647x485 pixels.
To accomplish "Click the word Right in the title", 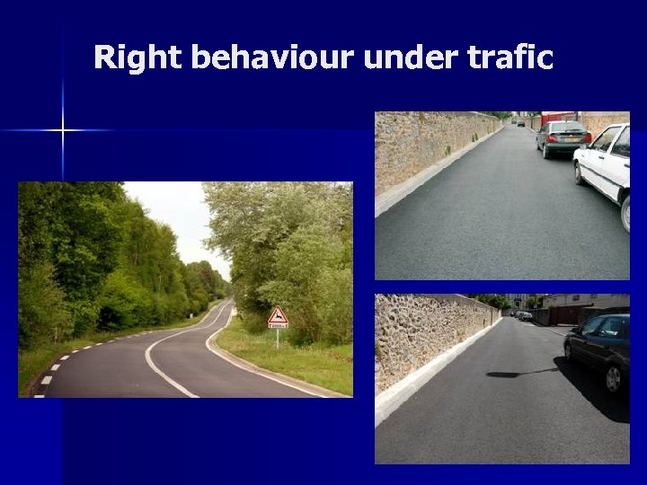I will pyautogui.click(x=138, y=58).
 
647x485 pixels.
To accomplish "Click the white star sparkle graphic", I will pyautogui.click(x=63, y=131).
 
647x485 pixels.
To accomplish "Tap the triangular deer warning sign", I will pyautogui.click(x=279, y=316).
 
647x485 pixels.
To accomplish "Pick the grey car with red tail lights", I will pyautogui.click(x=563, y=138).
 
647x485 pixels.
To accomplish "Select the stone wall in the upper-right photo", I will pyautogui.click(x=426, y=148).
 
